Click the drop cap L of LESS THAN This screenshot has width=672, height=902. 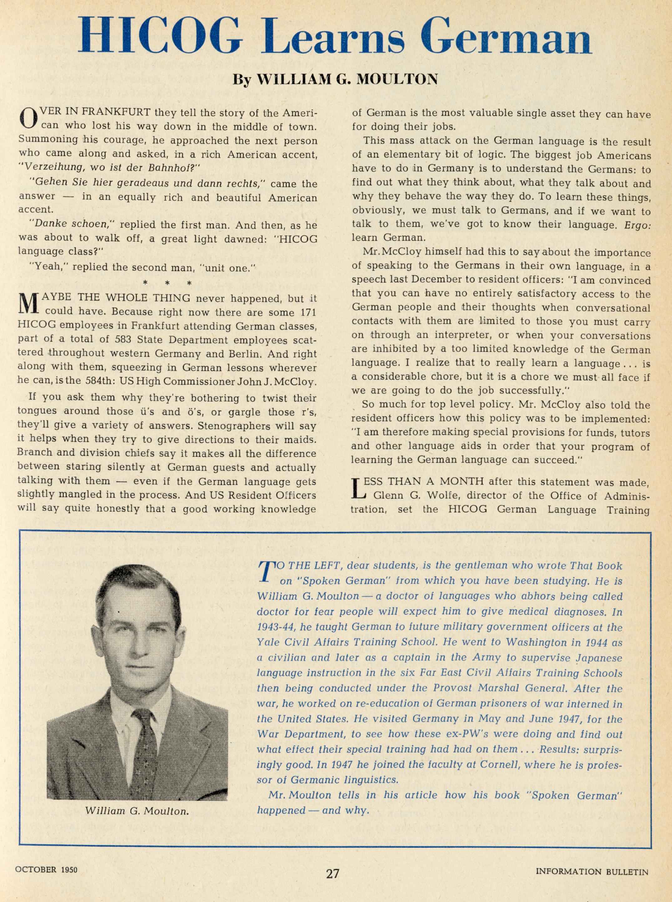(358, 489)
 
